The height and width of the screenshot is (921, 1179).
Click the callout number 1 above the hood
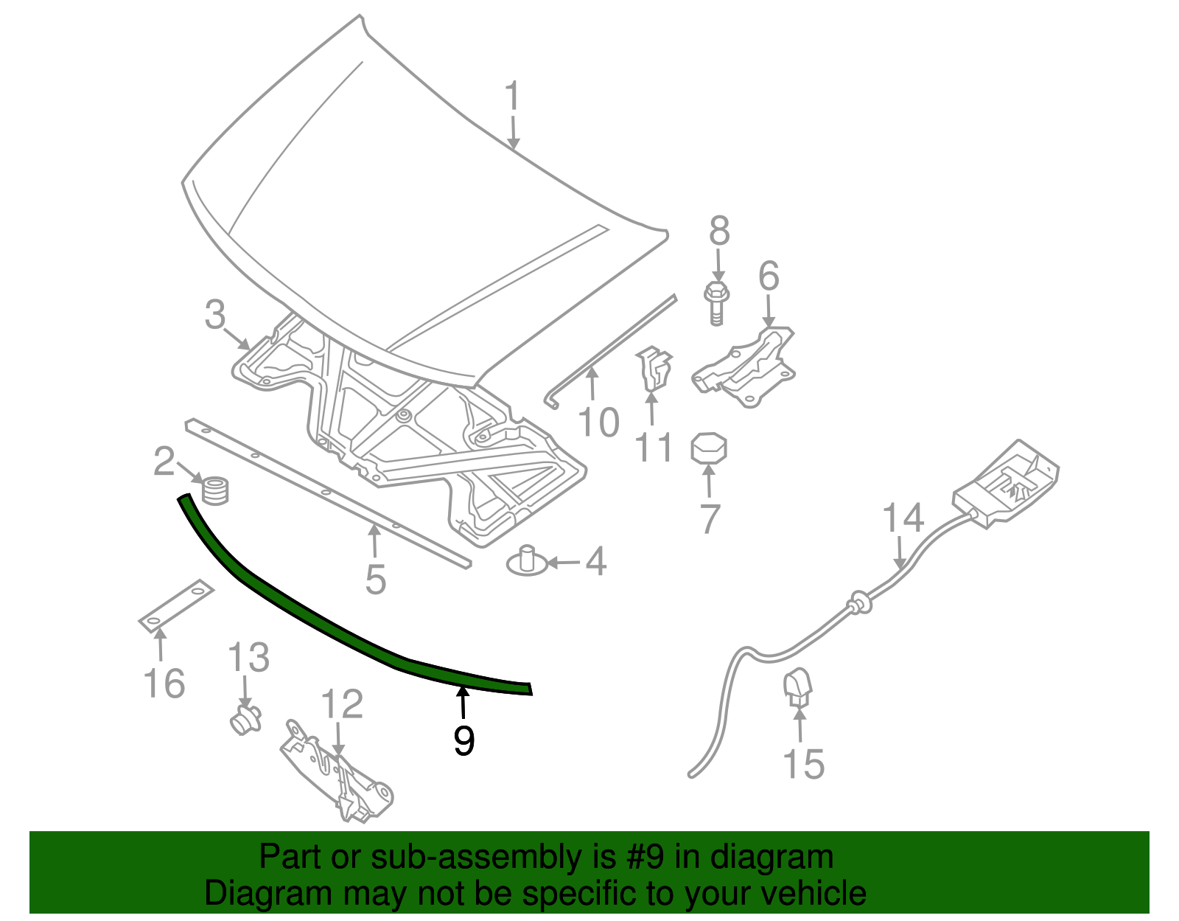tap(512, 97)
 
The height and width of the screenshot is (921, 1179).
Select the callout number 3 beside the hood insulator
tap(214, 315)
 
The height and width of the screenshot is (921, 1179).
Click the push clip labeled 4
tap(527, 562)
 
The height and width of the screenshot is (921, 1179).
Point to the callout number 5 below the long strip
tap(376, 580)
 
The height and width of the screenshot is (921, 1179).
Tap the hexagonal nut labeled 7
tap(709, 448)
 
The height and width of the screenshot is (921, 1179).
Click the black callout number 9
tap(463, 740)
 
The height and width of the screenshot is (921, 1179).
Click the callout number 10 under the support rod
tap(598, 423)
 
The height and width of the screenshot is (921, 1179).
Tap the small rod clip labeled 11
tap(654, 369)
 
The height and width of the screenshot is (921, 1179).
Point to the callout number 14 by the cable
tap(903, 518)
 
